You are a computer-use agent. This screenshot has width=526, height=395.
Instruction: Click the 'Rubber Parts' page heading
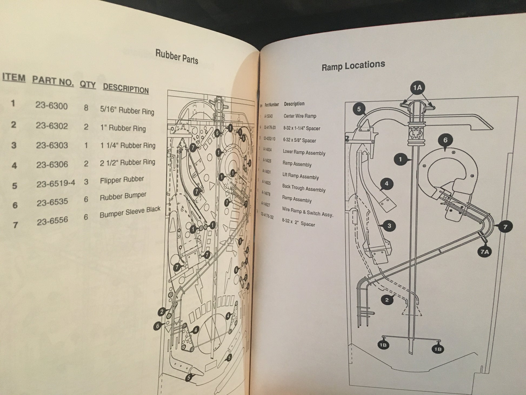pyautogui.click(x=177, y=56)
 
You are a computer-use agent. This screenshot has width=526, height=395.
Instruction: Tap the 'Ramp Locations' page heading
pyautogui.click(x=353, y=66)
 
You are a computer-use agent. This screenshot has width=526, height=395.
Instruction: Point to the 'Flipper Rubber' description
pyautogui.click(x=122, y=180)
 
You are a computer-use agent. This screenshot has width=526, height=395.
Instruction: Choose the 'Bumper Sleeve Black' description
pyautogui.click(x=130, y=212)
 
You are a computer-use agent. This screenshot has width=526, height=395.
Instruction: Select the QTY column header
pyautogui.click(x=88, y=85)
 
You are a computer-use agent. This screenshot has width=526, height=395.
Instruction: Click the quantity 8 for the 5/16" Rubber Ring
pyautogui.click(x=86, y=108)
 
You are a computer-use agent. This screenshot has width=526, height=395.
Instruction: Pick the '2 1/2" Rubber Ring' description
pyautogui.click(x=128, y=162)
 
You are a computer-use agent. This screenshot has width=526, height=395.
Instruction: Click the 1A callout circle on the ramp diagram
pyautogui.click(x=417, y=87)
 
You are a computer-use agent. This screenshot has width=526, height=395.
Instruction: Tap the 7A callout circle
pyautogui.click(x=484, y=252)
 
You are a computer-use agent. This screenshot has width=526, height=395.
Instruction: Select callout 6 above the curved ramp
pyautogui.click(x=445, y=140)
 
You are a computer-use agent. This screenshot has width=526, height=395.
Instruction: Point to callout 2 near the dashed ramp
pyautogui.click(x=387, y=299)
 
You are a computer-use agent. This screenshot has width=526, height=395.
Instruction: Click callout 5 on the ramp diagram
pyautogui.click(x=359, y=109)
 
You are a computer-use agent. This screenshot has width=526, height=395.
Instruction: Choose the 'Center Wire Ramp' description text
pyautogui.click(x=300, y=116)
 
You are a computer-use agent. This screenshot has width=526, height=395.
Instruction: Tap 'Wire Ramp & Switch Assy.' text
pyautogui.click(x=307, y=212)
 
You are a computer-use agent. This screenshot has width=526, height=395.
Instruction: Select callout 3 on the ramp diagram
pyautogui.click(x=389, y=226)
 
